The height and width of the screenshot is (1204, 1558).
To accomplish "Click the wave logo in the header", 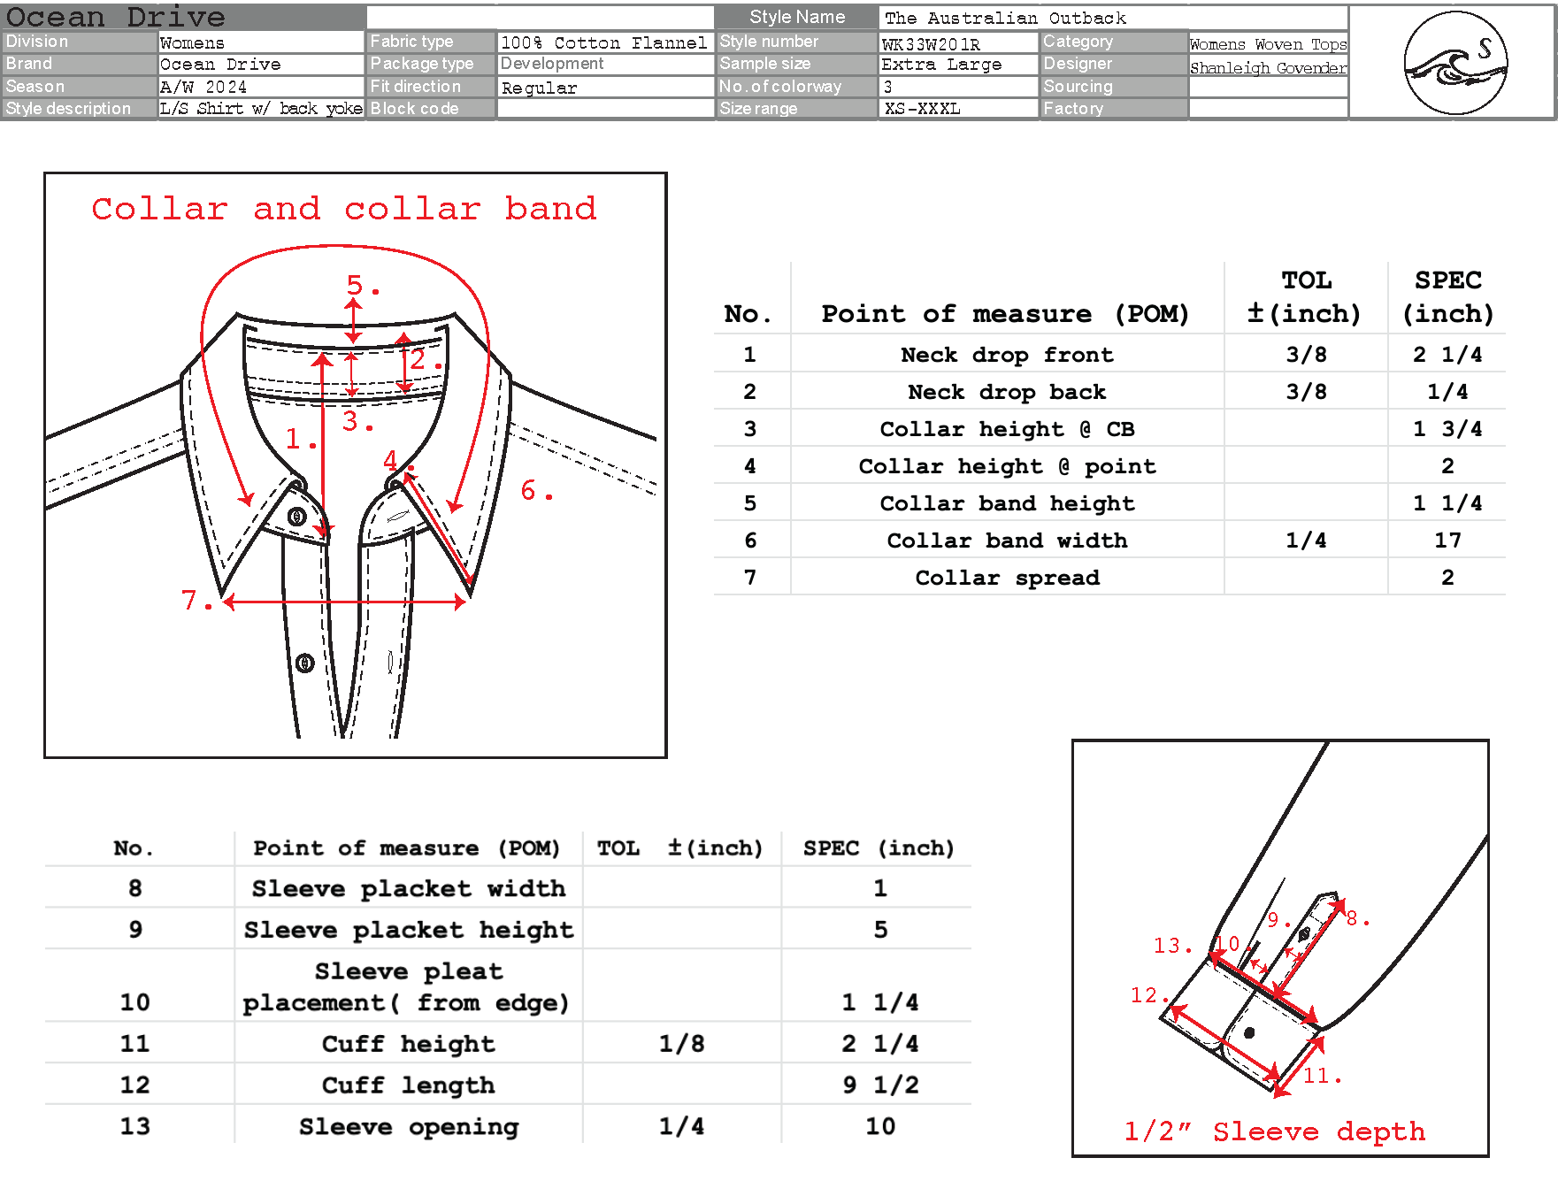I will click(1455, 63).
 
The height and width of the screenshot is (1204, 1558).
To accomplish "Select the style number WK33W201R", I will click(931, 43).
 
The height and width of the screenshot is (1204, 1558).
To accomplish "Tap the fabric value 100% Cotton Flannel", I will click(603, 42).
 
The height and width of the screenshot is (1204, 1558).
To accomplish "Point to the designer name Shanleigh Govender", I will click(1268, 67).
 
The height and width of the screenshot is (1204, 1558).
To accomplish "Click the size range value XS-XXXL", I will click(922, 109).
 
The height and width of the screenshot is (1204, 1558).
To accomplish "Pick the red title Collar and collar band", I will click(344, 209).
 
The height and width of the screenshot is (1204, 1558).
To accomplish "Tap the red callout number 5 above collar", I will click(355, 284).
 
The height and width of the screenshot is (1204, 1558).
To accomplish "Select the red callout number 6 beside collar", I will click(529, 490).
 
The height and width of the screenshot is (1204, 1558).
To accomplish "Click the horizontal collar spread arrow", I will click(345, 602).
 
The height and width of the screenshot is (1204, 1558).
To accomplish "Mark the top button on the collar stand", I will click(297, 517).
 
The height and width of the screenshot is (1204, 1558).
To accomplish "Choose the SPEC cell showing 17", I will click(1447, 540).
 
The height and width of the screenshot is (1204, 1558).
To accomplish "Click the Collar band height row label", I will click(1007, 502).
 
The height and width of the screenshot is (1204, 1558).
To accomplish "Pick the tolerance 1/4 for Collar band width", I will click(1306, 540).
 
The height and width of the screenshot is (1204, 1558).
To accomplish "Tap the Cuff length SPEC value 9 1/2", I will click(879, 1085).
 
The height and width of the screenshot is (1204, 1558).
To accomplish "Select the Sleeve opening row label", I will click(409, 1126).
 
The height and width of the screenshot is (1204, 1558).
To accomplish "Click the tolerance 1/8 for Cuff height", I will click(681, 1044).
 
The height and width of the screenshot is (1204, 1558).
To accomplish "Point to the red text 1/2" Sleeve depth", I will click(1274, 1131).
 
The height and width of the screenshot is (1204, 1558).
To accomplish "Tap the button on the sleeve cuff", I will click(1249, 1032).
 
